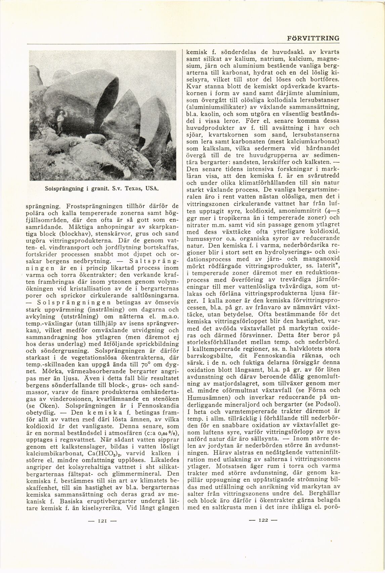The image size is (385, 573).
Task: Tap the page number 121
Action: point(102,521)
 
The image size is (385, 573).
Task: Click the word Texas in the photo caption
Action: point(130,189)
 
